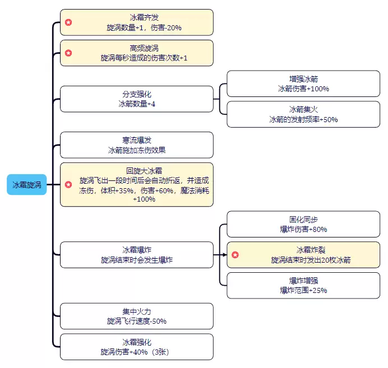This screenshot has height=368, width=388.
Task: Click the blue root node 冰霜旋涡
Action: pyautogui.click(x=26, y=184)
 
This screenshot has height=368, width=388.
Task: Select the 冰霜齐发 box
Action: pyautogui.click(x=136, y=22)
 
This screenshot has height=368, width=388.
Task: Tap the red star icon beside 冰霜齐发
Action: pyautogui.click(x=68, y=22)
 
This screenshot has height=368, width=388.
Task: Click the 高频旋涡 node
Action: pyautogui.click(x=136, y=53)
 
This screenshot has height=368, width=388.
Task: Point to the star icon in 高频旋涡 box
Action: pyautogui.click(x=68, y=53)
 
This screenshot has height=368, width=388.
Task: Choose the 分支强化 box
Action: pyautogui.click(x=136, y=99)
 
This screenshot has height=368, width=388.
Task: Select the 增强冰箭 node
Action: pyautogui.click(x=303, y=84)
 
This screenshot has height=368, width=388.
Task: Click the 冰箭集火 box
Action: pyautogui.click(x=303, y=114)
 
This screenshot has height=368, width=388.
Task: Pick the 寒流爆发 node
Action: pyautogui.click(x=136, y=145)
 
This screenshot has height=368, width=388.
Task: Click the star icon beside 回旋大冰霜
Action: pyautogui.click(x=68, y=184)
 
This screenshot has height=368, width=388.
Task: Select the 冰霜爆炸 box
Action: pyautogui.click(x=136, y=255)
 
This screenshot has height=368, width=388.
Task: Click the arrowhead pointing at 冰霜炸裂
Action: pyautogui.click(x=224, y=255)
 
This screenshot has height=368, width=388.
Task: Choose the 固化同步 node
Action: pyautogui.click(x=303, y=224)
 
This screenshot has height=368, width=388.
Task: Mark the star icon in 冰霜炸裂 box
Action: pyautogui.click(x=235, y=255)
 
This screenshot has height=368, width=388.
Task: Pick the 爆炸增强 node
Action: pyautogui.click(x=303, y=285)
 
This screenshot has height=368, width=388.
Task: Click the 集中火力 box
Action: pyautogui.click(x=136, y=316)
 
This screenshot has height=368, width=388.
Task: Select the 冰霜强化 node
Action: pyautogui.click(x=136, y=347)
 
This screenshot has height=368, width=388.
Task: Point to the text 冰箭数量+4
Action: pyautogui.click(x=137, y=104)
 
